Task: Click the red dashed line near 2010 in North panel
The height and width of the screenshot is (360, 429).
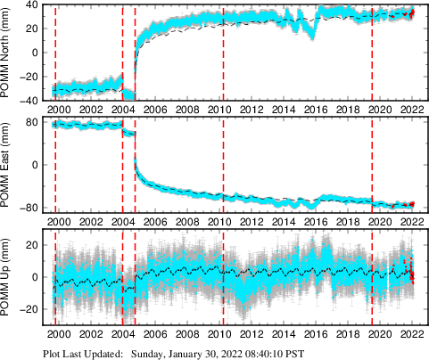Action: (223, 53)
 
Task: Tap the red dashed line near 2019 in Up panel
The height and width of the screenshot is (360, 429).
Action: (372, 276)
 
